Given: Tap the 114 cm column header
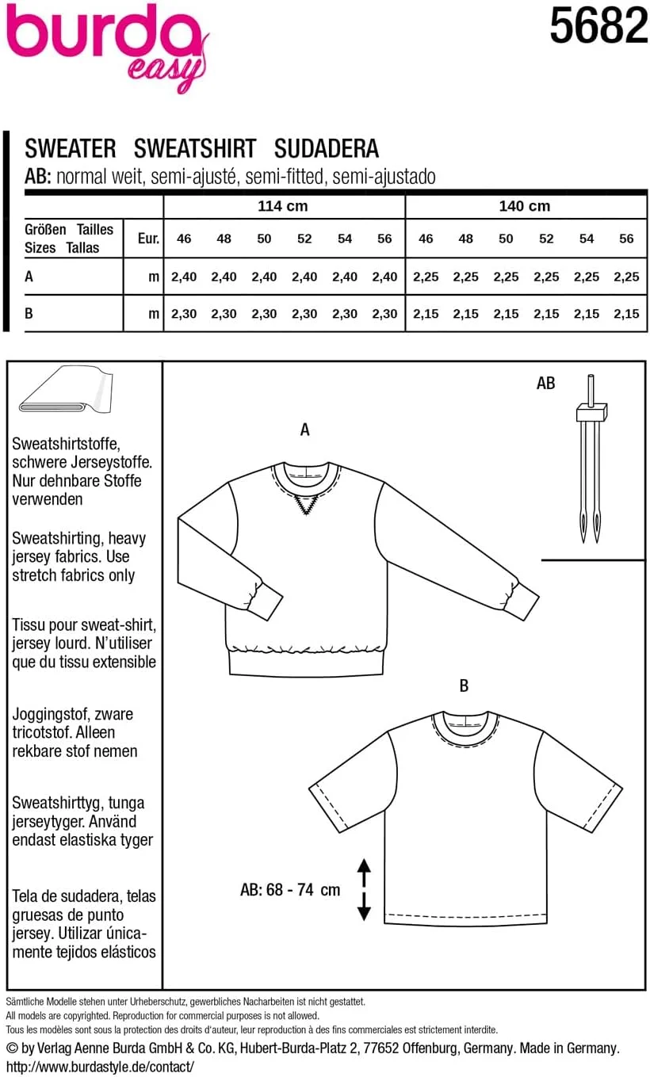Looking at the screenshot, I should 283,206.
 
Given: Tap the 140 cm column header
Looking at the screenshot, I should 525,206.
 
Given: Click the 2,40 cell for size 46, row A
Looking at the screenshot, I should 184,277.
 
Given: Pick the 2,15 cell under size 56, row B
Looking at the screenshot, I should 626,314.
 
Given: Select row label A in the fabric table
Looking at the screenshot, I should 29,277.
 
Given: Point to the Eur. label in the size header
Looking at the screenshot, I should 148,238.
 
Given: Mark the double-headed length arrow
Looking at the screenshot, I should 364,890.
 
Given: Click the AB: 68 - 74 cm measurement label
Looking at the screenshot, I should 290,890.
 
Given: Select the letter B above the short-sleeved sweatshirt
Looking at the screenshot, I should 464,686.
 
